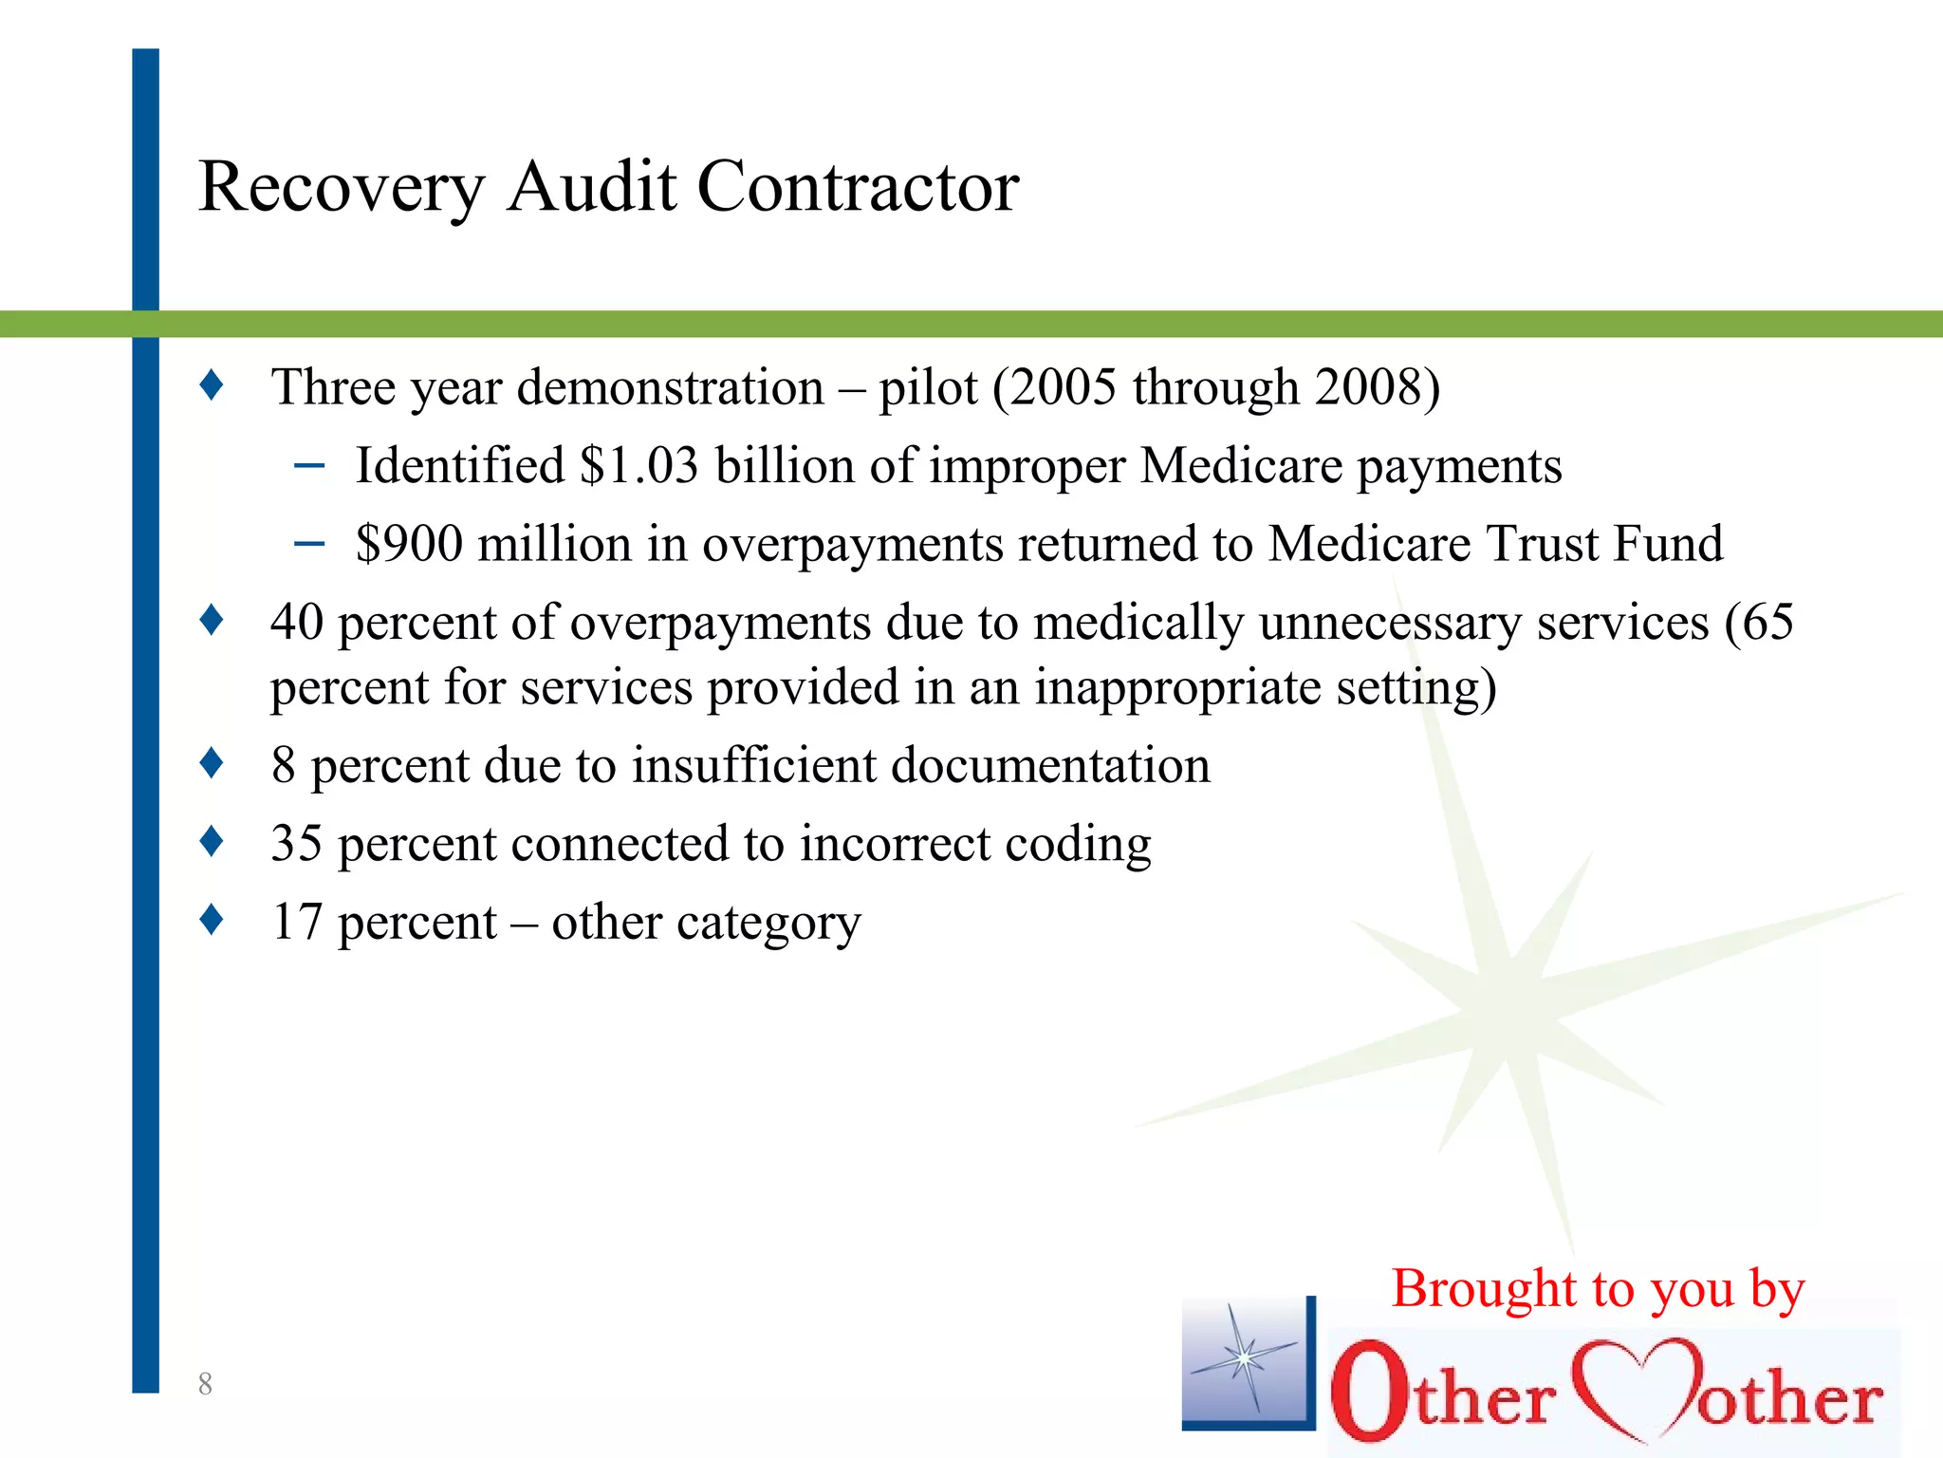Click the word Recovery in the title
click(x=342, y=187)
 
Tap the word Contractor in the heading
click(x=858, y=186)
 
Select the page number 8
click(x=205, y=1384)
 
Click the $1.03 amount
click(x=638, y=466)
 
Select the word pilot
click(x=927, y=387)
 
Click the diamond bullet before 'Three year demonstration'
click(x=212, y=385)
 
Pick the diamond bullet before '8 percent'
click(x=212, y=763)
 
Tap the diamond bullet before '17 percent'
click(x=212, y=920)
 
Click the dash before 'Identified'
click(x=309, y=466)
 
